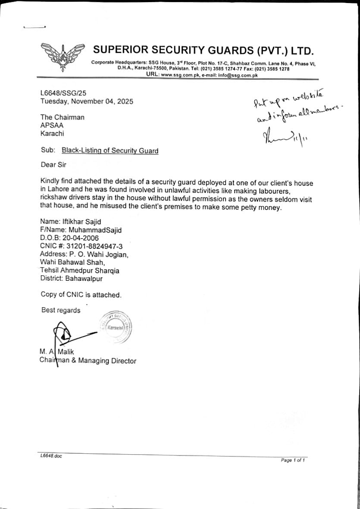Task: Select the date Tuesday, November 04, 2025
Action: pos(87,101)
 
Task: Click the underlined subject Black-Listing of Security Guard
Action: pos(110,151)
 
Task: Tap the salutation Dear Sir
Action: pos(53,164)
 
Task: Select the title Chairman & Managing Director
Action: pos(88,361)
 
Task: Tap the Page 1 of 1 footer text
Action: pos(293,460)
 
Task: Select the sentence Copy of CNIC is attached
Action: pos(81,295)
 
